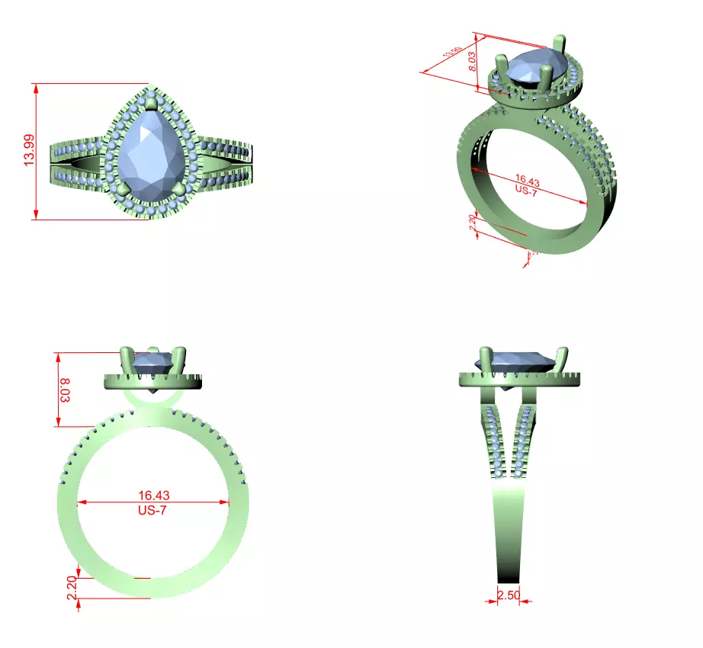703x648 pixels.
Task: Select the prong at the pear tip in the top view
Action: click(150, 103)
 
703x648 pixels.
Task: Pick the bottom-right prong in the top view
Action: click(180, 188)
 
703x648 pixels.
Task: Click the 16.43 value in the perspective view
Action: click(528, 182)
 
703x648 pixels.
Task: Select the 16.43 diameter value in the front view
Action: click(154, 495)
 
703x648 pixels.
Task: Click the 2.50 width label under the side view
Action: click(509, 594)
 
